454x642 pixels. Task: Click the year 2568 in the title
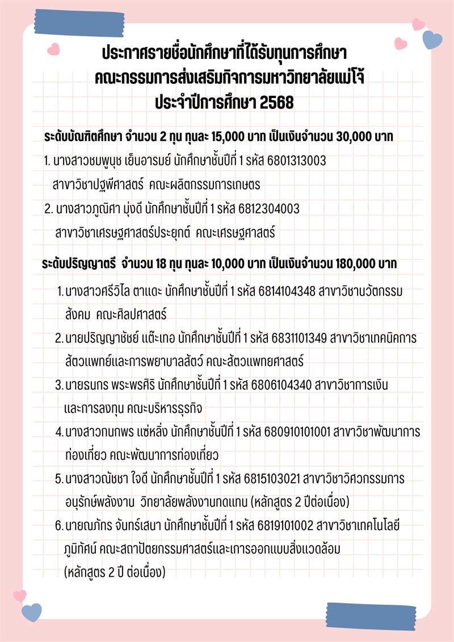click(276, 104)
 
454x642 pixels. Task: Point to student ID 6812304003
click(267, 209)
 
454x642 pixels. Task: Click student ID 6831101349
click(296, 339)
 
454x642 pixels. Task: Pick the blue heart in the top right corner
click(432, 40)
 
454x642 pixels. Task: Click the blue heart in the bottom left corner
click(32, 613)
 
